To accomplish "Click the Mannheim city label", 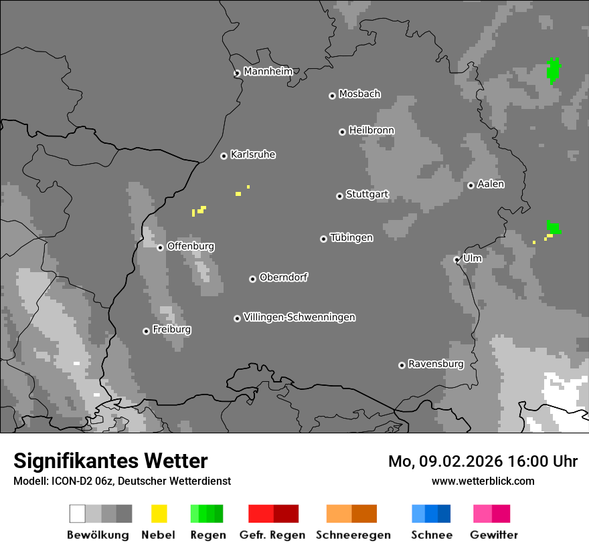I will click(268, 72).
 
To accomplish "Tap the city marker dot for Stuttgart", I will click(339, 196).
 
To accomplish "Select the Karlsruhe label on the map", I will click(252, 154).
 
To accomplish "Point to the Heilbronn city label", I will click(371, 130).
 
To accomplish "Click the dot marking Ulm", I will click(456, 259).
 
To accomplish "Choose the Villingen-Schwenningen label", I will click(299, 317).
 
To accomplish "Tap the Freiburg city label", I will click(171, 330).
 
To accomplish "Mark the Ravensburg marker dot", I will click(402, 365).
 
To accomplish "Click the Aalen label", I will click(491, 184).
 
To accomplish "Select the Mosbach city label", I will click(359, 94).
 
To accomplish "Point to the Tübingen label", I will click(351, 237).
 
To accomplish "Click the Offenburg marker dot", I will click(160, 247).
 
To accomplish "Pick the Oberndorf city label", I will click(283, 277).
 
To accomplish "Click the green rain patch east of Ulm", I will click(554, 227).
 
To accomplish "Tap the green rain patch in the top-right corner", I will click(554, 70).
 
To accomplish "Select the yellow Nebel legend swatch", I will click(159, 514).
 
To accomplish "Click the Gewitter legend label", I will click(494, 535).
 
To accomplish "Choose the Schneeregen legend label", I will click(353, 535).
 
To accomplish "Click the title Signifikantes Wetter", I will click(110, 461).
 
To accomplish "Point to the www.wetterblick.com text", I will click(483, 481).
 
